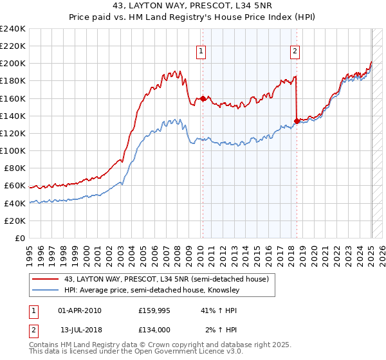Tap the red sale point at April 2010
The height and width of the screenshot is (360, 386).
(203, 98)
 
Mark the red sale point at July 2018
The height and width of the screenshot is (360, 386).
(297, 121)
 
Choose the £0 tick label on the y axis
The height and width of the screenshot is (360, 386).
(21, 238)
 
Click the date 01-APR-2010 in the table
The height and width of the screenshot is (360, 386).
(80, 310)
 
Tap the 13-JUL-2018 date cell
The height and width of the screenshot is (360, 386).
(80, 330)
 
